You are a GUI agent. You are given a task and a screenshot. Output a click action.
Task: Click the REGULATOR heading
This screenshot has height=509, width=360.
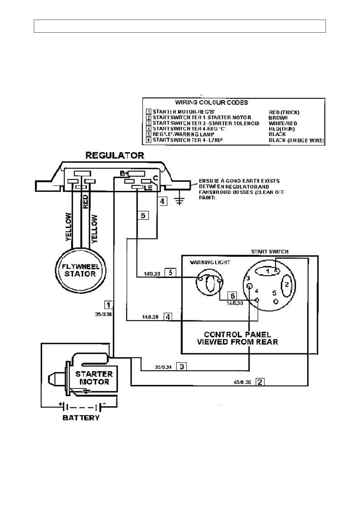[115, 155]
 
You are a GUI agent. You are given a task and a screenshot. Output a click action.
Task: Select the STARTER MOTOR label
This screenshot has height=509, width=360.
[94, 378]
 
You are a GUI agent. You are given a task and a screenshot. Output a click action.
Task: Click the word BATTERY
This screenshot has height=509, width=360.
[81, 418]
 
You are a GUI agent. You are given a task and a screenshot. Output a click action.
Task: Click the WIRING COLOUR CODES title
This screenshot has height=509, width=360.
[211, 102]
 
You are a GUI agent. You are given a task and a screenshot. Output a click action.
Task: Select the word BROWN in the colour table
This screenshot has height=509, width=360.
[278, 118]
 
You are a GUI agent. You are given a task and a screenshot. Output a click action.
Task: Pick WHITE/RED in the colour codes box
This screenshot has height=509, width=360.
[283, 123]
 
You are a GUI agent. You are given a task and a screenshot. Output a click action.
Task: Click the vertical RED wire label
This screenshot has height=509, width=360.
[85, 202]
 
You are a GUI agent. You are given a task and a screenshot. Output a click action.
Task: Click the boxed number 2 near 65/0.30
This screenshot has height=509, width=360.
[260, 382]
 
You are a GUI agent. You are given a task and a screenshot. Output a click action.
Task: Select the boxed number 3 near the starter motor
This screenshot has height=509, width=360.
[182, 367]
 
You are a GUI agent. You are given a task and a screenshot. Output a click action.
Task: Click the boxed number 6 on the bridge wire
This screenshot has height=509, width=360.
[233, 296]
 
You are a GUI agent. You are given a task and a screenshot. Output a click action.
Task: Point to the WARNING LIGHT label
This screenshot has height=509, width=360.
[210, 262]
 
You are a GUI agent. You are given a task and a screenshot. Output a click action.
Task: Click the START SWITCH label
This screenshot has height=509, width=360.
[270, 251]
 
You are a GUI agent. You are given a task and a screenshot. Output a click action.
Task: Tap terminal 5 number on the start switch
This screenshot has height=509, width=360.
[274, 293]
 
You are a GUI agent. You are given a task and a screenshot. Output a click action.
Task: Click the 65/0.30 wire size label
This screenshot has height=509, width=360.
[243, 382]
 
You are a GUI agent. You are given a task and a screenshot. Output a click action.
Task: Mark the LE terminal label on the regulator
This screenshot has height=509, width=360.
[148, 188]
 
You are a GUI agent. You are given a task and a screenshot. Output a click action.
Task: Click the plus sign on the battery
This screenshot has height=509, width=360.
[61, 404]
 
